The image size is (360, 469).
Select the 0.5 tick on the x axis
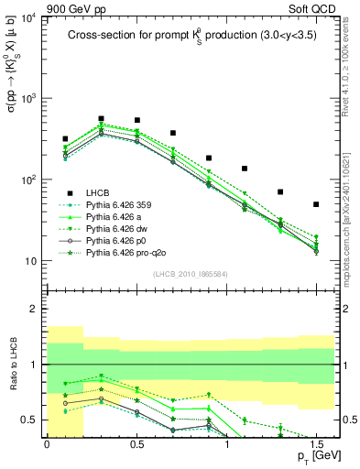pyautogui.click(x=136, y=442)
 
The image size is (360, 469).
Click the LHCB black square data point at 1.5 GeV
pyautogui.click(x=316, y=204)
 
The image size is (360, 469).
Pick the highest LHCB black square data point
pyautogui.click(x=101, y=118)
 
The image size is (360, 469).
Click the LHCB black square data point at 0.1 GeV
pyautogui.click(x=65, y=139)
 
